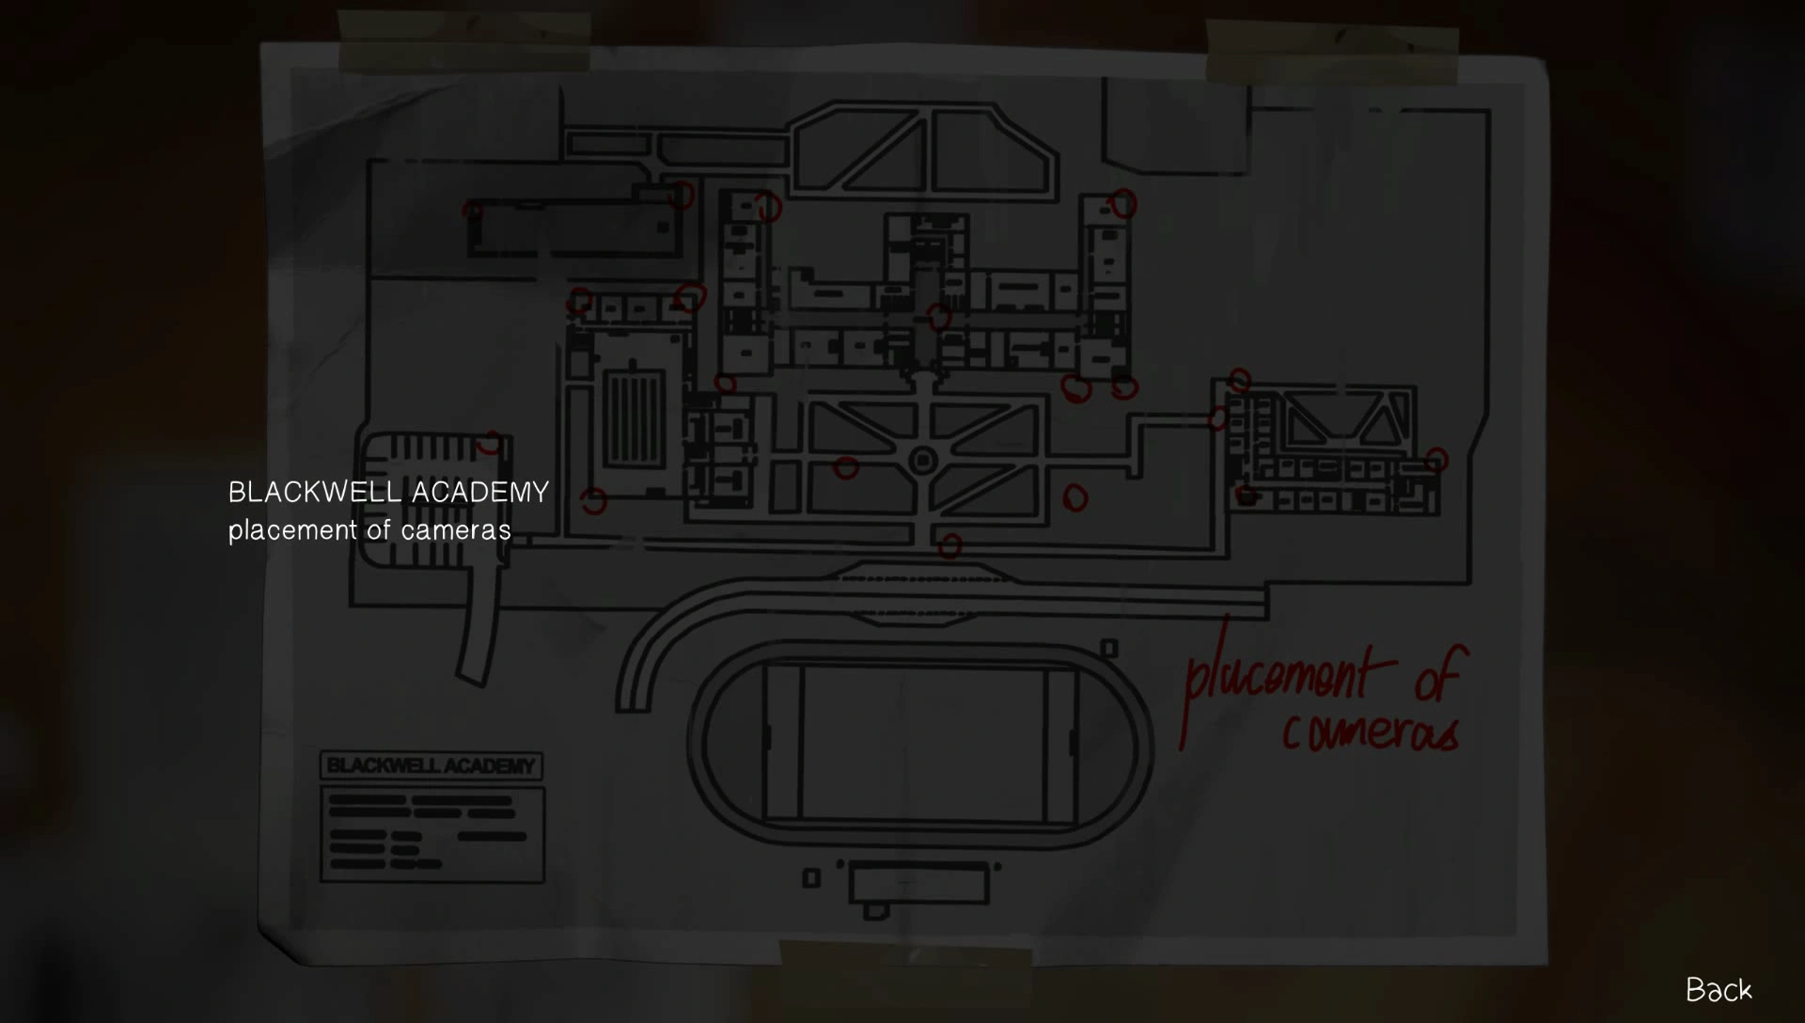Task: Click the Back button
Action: tap(1719, 989)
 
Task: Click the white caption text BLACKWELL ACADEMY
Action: tap(388, 492)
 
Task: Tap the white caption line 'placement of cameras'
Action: tap(369, 530)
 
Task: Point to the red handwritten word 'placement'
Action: tap(1279, 677)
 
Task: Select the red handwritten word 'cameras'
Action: tap(1371, 732)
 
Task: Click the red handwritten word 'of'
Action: tap(1438, 674)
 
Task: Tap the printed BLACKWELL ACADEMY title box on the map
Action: tap(431, 765)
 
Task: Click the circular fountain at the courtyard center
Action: tap(923, 461)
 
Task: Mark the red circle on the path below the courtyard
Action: tap(950, 545)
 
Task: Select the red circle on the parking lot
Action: tap(490, 443)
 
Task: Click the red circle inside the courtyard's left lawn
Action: tap(846, 467)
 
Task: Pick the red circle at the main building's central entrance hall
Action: tap(938, 317)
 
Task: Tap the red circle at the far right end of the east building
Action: tap(1436, 460)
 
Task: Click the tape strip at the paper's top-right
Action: tap(1331, 52)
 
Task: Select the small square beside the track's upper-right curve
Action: tap(1109, 648)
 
